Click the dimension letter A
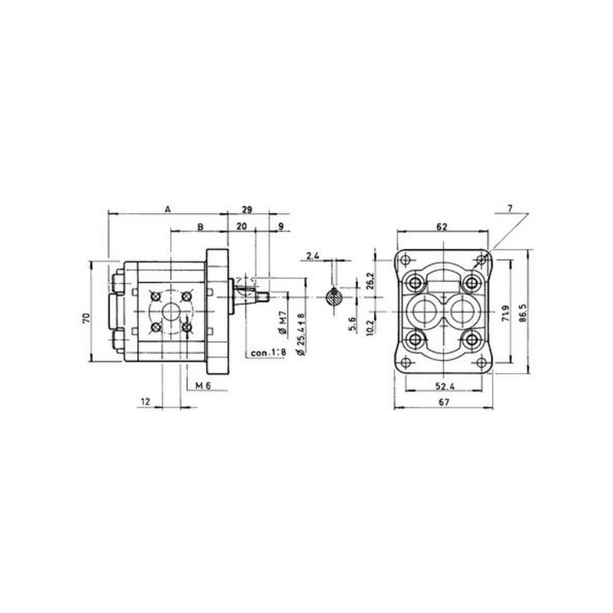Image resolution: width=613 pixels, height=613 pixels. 167,209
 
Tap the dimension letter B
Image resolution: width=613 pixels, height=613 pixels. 200,227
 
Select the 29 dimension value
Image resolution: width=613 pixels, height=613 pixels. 247,209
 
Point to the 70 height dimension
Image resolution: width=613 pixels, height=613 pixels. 87,318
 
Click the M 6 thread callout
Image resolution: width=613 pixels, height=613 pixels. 203,386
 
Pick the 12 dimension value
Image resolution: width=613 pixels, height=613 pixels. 146,402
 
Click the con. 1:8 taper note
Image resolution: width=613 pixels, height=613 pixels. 268,352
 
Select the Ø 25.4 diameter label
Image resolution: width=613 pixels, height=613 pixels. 301,335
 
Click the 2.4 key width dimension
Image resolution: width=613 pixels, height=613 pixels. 313,257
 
